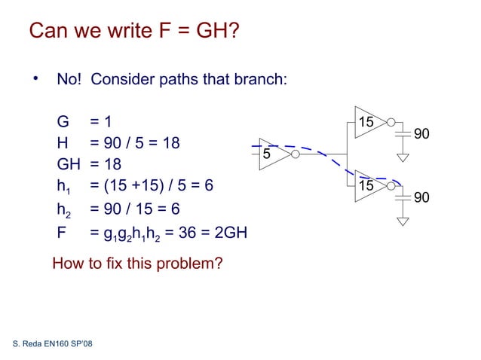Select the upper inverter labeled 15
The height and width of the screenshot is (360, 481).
(368, 122)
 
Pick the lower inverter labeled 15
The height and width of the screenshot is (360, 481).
(368, 185)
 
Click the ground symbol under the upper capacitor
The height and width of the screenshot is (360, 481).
(403, 158)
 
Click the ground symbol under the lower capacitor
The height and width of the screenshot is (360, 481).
(403, 221)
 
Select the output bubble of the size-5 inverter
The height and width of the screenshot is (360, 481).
(295, 154)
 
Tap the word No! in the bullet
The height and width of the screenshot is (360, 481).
(69, 80)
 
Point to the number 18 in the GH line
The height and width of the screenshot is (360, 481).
(111, 164)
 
